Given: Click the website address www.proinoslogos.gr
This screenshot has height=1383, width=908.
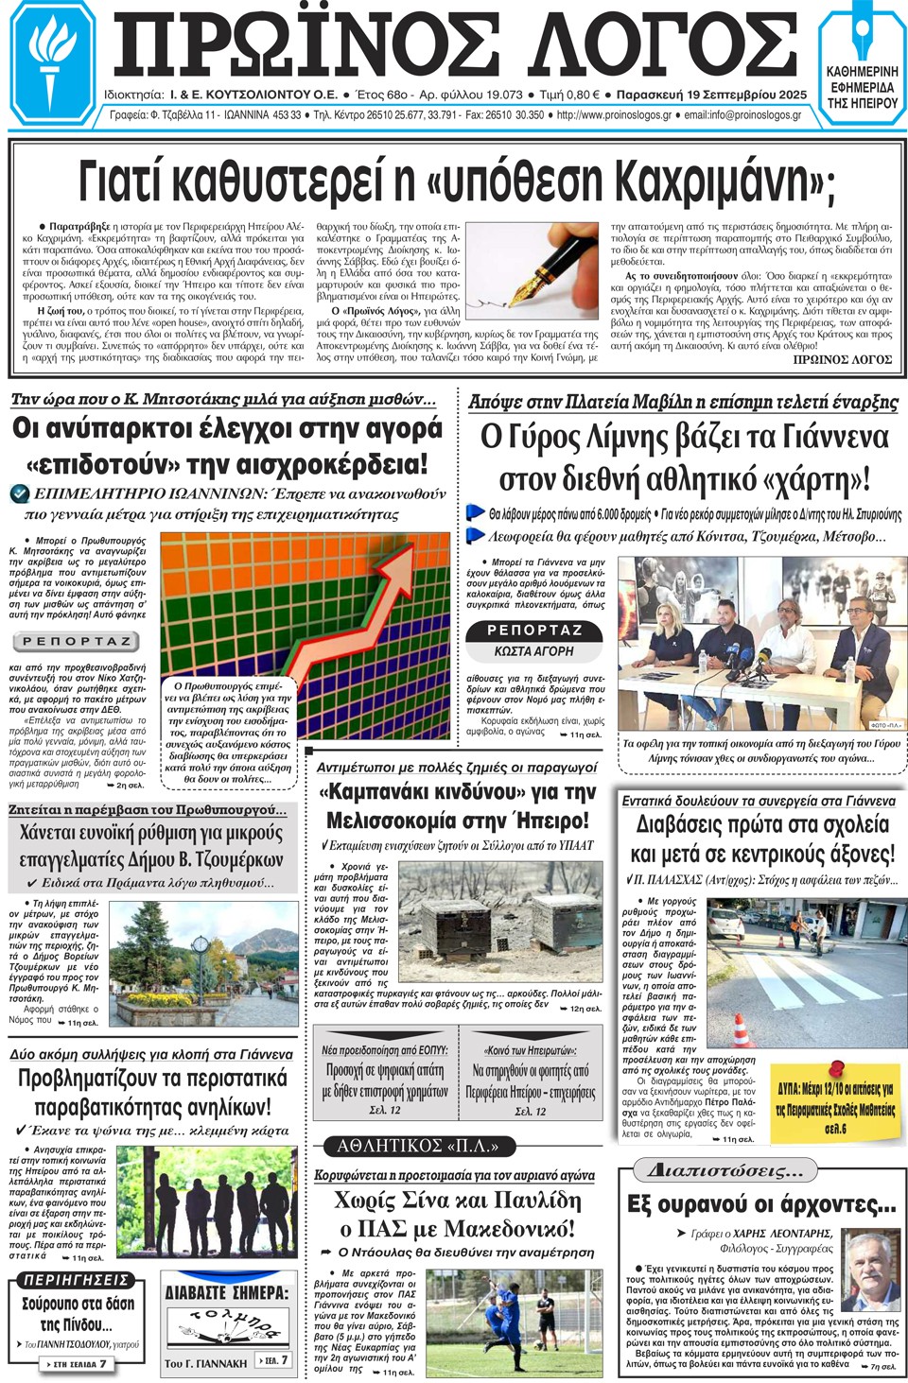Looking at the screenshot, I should [614, 115].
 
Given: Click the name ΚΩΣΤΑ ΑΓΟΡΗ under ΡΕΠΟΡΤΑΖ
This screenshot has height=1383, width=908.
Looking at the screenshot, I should [533, 651].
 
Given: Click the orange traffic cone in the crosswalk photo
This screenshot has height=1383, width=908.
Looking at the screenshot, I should [742, 1029].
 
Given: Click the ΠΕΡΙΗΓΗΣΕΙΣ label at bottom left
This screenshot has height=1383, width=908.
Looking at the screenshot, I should [76, 1280].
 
